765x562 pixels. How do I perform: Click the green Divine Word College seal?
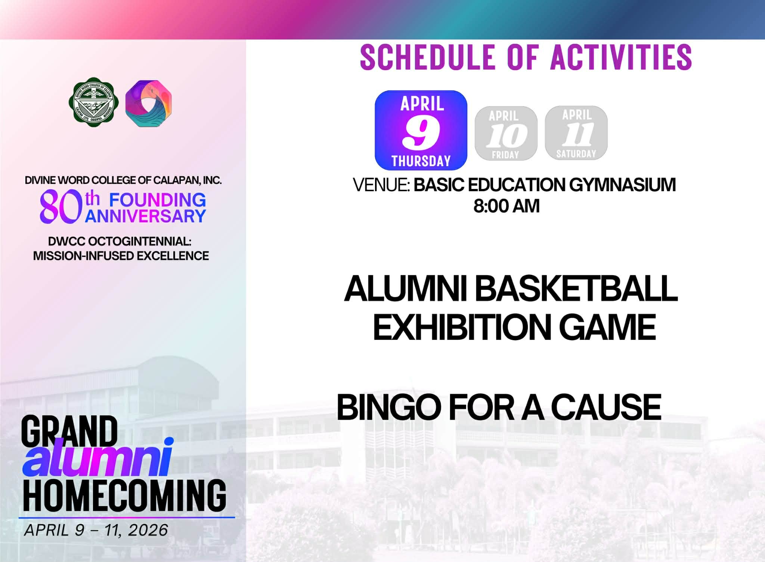pyautogui.click(x=94, y=102)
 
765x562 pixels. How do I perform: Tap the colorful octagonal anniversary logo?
pyautogui.click(x=149, y=103)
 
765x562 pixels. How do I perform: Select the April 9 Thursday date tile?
pyautogui.click(x=421, y=130)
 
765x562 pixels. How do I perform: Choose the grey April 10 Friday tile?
pyautogui.click(x=506, y=134)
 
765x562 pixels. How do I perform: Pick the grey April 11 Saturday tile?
pyautogui.click(x=576, y=133)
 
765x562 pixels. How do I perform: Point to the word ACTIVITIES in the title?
pyautogui.click(x=621, y=57)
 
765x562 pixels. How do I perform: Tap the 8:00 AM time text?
pyautogui.click(x=507, y=206)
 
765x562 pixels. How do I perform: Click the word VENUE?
pyautogui.click(x=382, y=185)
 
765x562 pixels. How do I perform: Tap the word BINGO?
pyautogui.click(x=389, y=407)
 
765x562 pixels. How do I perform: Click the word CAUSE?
pyautogui.click(x=606, y=407)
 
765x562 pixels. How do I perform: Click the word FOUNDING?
pyautogui.click(x=157, y=200)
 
